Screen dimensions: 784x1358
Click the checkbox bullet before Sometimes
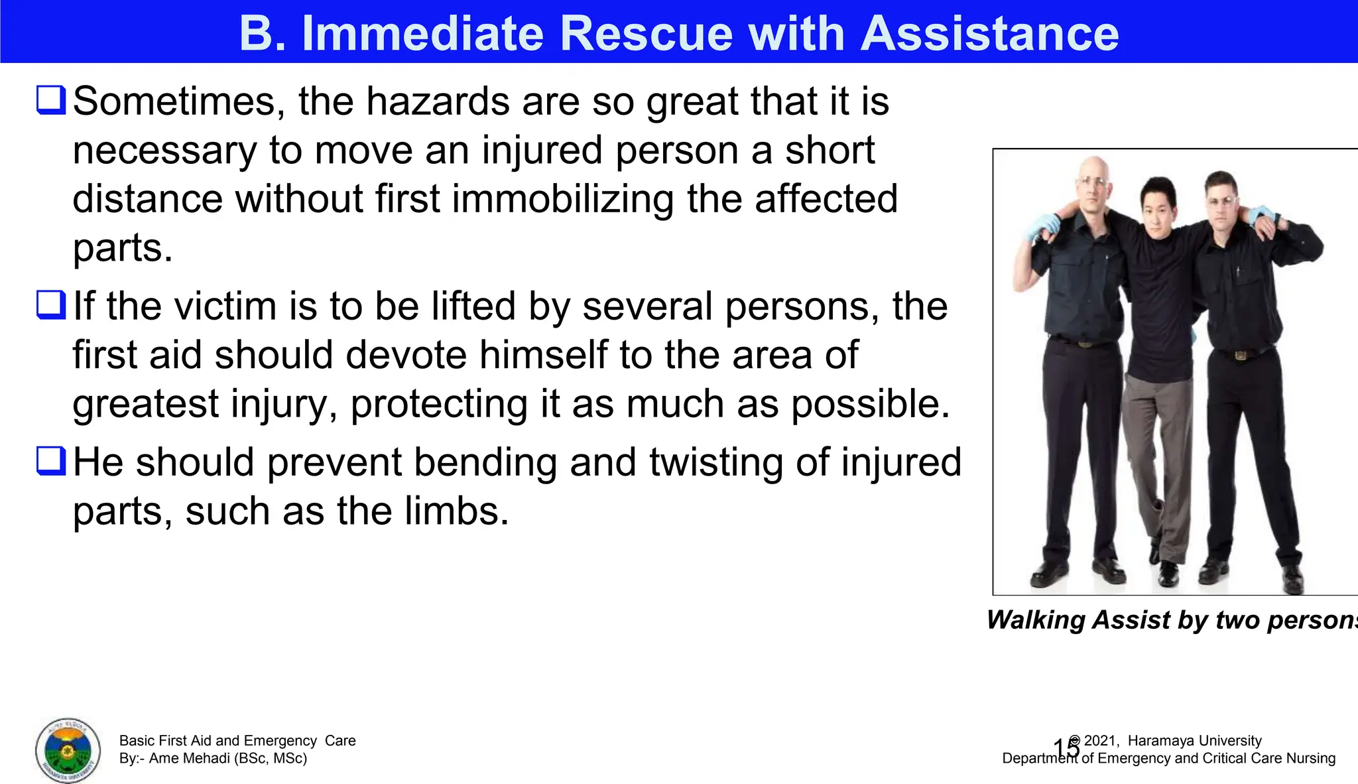(x=51, y=100)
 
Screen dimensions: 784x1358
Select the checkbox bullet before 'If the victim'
(x=51, y=305)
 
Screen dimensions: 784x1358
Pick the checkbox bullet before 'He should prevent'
(x=51, y=461)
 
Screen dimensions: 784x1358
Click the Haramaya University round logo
(x=68, y=750)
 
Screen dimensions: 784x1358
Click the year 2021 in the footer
(x=1101, y=741)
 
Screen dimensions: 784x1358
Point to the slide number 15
(x=1066, y=748)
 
